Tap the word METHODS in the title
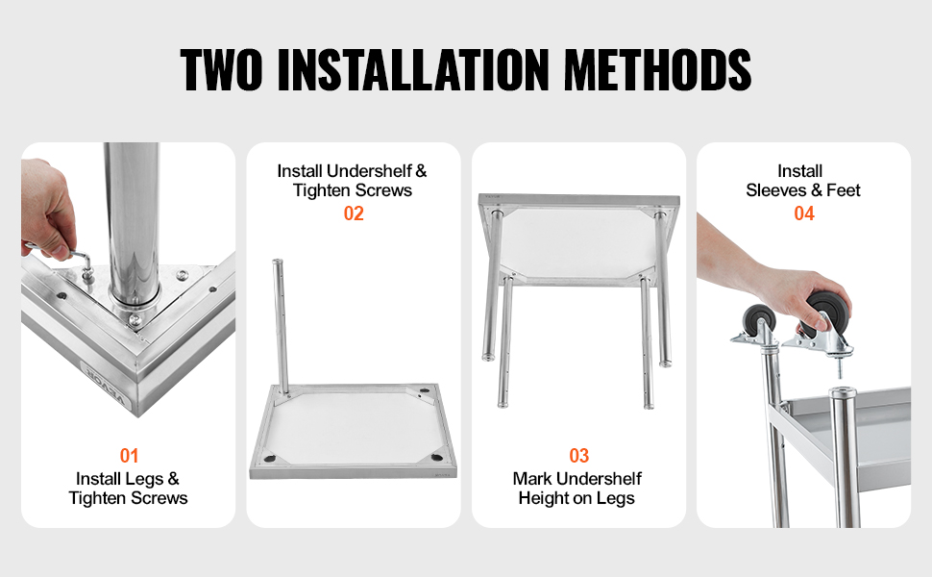657,70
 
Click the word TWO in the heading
221,70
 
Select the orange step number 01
129,456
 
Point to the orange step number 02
354,213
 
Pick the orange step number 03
579,456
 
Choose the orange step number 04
804,213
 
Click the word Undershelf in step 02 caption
369,171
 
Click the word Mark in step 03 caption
531,479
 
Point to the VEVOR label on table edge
105,388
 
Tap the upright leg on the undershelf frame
281,326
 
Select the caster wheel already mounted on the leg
758,320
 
